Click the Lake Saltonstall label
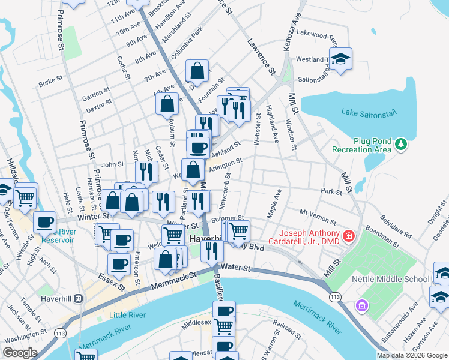[367, 112]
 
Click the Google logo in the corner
[20, 353]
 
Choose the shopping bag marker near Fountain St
[197, 71]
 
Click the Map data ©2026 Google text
[412, 355]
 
